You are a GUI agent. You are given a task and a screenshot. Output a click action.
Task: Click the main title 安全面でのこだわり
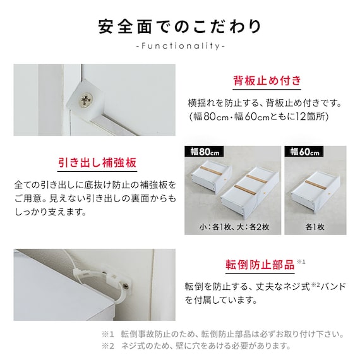180,27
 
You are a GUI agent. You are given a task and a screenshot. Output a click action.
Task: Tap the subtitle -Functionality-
180,46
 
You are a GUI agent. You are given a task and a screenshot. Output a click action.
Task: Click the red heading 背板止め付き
267,80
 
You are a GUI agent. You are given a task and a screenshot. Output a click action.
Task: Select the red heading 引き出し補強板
97,162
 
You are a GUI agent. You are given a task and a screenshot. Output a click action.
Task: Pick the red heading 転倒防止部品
260,265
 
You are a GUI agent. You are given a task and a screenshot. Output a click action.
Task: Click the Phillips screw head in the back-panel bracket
86,100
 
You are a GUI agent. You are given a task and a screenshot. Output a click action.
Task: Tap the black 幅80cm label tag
204,152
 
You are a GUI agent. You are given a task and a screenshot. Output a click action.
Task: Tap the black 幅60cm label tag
304,152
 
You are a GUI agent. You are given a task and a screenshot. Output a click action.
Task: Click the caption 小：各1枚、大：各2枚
234,227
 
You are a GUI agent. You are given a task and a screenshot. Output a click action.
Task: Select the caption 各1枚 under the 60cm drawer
315,227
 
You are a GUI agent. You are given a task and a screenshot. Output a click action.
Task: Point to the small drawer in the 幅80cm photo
212,177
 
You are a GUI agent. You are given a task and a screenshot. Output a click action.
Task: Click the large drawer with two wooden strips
250,190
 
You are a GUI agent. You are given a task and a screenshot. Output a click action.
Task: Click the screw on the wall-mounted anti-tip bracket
126,286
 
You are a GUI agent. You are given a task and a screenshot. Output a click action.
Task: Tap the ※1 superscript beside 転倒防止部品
301,261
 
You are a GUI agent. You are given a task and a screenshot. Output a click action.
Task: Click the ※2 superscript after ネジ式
315,285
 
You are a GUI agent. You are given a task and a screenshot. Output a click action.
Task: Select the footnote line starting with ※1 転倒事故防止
223,334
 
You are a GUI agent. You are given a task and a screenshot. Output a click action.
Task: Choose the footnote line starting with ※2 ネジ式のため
196,345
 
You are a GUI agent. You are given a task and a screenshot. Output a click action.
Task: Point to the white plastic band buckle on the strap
80,272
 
